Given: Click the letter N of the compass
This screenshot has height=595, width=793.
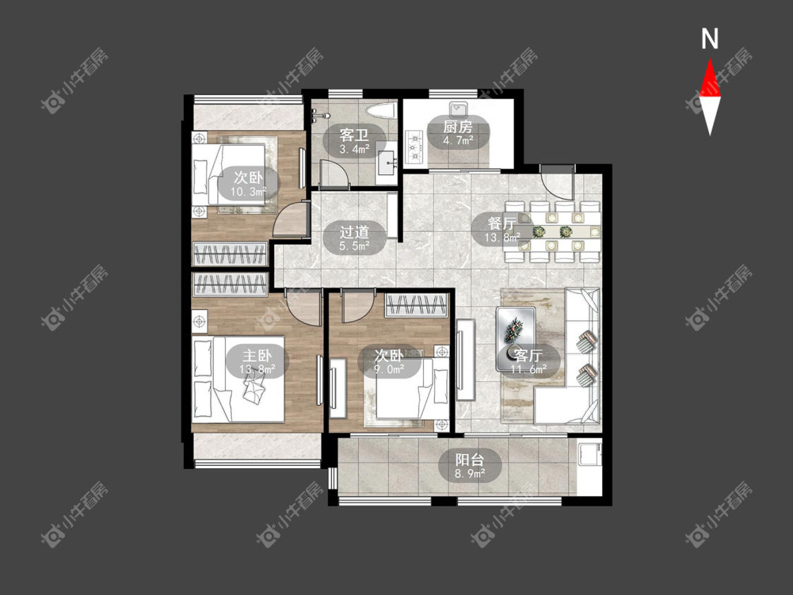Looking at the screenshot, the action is pyautogui.click(x=710, y=39).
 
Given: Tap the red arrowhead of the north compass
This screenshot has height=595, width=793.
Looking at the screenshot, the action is pyautogui.click(x=710, y=78).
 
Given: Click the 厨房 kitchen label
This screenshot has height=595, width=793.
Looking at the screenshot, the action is pyautogui.click(x=457, y=126).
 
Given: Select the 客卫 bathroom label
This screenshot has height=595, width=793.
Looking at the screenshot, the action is pyautogui.click(x=354, y=135).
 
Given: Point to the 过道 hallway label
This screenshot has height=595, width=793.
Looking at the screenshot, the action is pyautogui.click(x=354, y=232).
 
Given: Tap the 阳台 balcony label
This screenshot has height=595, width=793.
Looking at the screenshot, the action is pyautogui.click(x=470, y=460).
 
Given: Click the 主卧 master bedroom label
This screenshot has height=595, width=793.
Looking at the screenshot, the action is pyautogui.click(x=257, y=355).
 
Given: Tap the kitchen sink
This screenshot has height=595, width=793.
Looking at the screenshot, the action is pyautogui.click(x=458, y=109).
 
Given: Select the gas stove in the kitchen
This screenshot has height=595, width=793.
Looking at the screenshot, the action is pyautogui.click(x=414, y=147).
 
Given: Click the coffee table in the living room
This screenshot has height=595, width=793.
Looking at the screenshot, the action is pyautogui.click(x=516, y=338).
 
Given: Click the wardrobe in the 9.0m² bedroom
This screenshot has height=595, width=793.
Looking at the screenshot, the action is pyautogui.click(x=417, y=305).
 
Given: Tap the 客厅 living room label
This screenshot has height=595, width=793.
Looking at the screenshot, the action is pyautogui.click(x=528, y=355).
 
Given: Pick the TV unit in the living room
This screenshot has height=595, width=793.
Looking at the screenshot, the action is pyautogui.click(x=465, y=360).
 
